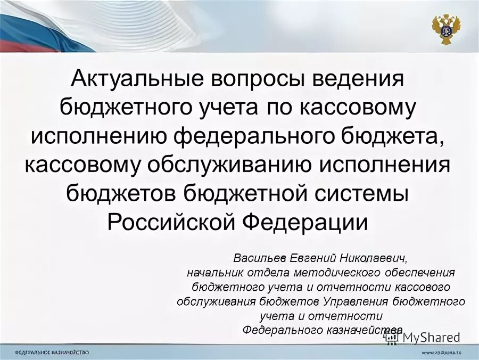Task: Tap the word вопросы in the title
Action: [254, 80]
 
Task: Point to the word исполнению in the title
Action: [98, 136]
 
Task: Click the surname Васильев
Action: [261, 258]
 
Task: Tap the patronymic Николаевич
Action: [373, 258]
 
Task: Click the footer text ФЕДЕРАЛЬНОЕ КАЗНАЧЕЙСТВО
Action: [52, 353]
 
